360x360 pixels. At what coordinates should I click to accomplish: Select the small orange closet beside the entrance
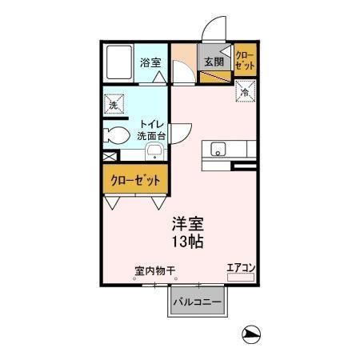coord(244,61)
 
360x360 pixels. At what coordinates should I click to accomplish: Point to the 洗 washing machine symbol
coord(114,104)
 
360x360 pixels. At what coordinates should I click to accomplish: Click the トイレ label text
coord(152,124)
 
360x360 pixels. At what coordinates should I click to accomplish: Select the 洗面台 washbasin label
coord(152,136)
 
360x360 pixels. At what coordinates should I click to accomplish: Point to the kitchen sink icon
coord(218,150)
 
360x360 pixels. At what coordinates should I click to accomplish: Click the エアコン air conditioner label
coord(240,267)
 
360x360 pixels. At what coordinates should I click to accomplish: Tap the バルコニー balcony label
coord(198,302)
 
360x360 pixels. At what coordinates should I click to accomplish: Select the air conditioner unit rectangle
coord(240,277)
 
